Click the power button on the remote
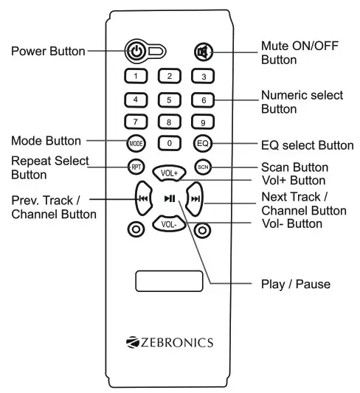(x=136, y=52)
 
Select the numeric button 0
(x=169, y=143)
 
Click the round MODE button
(x=135, y=143)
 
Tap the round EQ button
(x=202, y=143)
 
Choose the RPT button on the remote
(x=135, y=166)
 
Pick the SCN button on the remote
(x=202, y=166)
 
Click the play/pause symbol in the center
(x=169, y=198)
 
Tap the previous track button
(x=142, y=198)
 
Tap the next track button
(x=195, y=198)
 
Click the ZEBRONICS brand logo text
(x=170, y=342)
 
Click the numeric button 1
(x=135, y=76)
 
